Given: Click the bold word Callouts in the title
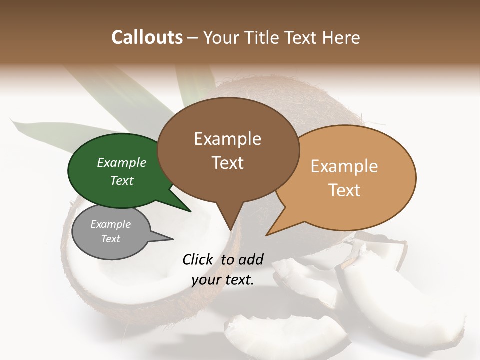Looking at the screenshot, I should point(147,37).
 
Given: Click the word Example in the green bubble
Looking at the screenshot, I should point(122,163).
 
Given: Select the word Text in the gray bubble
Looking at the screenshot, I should point(111,239).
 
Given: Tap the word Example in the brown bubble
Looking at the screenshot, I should point(227,139).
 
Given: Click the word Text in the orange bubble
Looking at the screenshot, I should point(344,190).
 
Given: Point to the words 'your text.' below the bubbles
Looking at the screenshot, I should point(223,280).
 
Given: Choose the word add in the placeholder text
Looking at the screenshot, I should point(251,259).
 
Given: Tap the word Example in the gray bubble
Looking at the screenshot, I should point(111,224).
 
